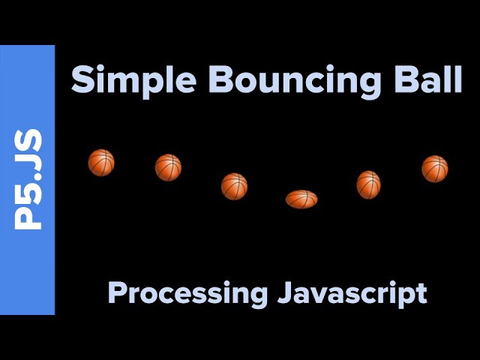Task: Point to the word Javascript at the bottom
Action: pos(352,292)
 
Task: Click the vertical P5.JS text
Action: pos(28,179)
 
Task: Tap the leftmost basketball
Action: pos(101,162)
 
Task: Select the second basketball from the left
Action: pos(168,167)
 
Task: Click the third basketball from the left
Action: pos(234,186)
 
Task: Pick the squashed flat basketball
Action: pos(301,199)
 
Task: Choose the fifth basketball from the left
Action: pos(368,184)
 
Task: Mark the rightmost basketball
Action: pos(434,169)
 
